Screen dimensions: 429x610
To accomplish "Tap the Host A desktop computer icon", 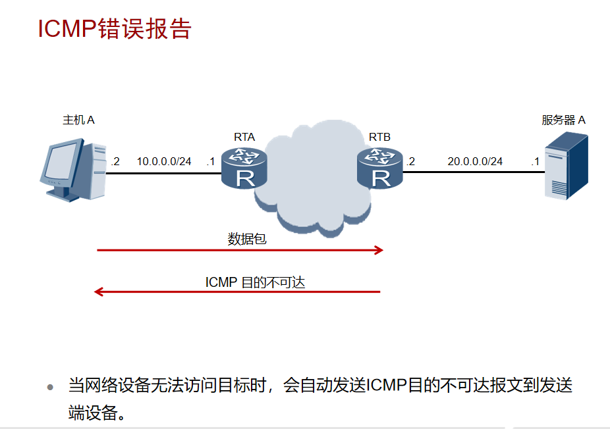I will (72, 169).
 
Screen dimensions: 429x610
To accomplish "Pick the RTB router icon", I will (379, 168).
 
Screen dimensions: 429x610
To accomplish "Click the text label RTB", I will (379, 137).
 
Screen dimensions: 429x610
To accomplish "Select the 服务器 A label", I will (563, 120).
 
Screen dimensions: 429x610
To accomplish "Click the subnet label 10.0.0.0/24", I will (164, 161).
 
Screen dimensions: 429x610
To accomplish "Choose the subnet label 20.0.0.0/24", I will (475, 161).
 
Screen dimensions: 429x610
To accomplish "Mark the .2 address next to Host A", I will (115, 161).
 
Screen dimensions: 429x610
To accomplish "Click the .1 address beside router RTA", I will (210, 161).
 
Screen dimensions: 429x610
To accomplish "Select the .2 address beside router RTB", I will (410, 161).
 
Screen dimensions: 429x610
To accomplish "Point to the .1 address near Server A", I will (535, 161).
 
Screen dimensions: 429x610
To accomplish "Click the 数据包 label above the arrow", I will (247, 239).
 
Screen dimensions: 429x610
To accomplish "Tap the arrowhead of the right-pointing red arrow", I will (379, 250).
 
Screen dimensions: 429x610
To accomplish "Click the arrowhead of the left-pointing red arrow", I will (99, 291).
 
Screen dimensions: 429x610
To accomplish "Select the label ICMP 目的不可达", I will (255, 282).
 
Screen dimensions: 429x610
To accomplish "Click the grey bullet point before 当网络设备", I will (50, 388).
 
